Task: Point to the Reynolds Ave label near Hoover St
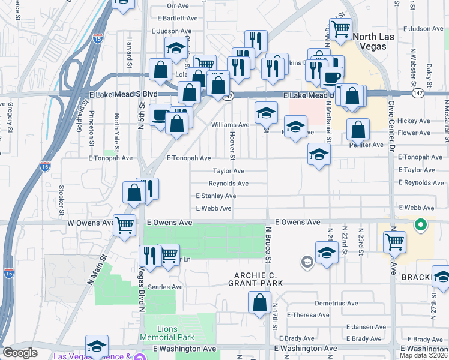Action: [x=228, y=184]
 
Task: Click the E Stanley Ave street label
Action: [x=215, y=196]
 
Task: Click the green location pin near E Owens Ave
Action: [x=421, y=226]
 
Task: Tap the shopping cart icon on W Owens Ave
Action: [x=124, y=226]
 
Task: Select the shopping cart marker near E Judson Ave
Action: [x=340, y=28]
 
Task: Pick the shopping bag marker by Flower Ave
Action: [x=358, y=130]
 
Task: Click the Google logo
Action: [x=20, y=353]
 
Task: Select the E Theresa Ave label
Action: [x=308, y=314]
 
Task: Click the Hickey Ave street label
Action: [x=418, y=121]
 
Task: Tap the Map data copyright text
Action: [x=424, y=355]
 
